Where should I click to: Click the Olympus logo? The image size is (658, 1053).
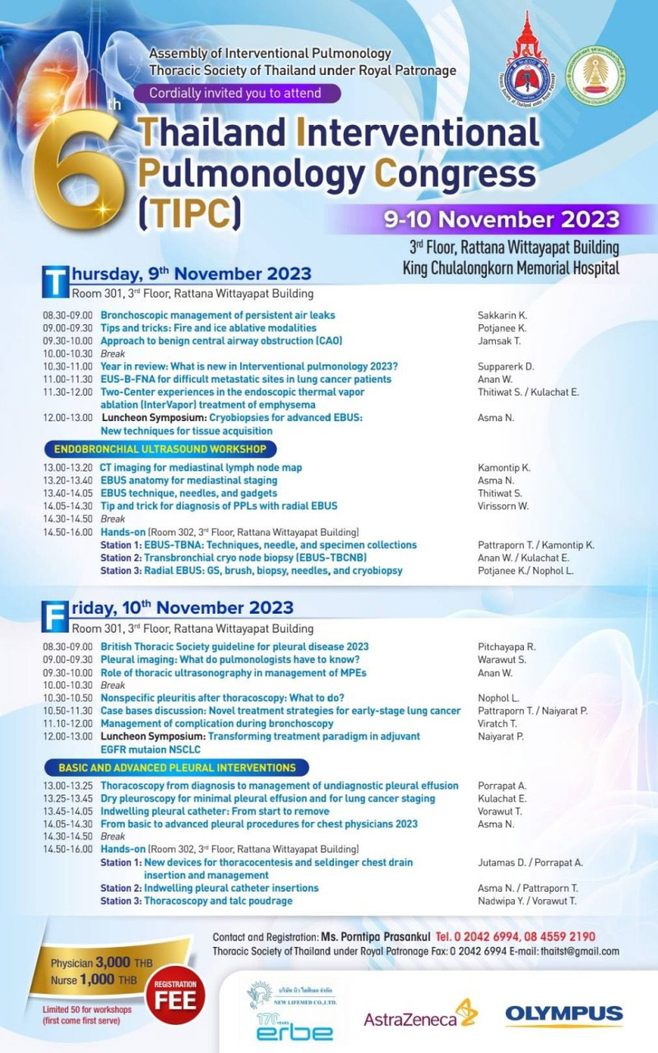(563, 1014)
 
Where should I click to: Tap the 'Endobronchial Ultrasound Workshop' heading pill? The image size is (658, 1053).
(160, 449)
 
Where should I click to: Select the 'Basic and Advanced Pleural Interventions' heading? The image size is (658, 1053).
(176, 767)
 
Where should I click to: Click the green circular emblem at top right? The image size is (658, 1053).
(598, 74)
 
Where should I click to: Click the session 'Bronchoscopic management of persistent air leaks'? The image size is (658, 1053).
(217, 315)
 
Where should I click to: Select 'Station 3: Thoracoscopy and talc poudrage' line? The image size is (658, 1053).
(197, 901)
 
